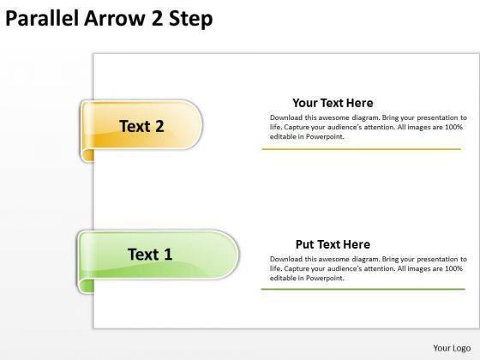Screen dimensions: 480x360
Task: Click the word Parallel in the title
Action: [x=42, y=18]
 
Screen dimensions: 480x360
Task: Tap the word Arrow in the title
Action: [x=114, y=18]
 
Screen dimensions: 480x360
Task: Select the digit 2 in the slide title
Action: [x=157, y=18]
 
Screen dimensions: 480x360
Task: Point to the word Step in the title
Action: [x=191, y=19]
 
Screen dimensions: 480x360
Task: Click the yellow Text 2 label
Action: [x=141, y=126]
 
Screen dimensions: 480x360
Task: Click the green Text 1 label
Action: [x=150, y=254]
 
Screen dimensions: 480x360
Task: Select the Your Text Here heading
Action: [x=333, y=103]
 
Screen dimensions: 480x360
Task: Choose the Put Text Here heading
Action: [x=333, y=244]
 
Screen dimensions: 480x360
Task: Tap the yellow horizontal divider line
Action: [x=361, y=149]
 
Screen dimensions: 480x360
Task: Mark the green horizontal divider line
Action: [x=363, y=289]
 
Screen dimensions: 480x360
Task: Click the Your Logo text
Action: [x=452, y=348]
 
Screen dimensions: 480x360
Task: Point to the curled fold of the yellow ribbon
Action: [x=87, y=155]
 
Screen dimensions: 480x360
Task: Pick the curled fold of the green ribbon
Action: [x=86, y=286]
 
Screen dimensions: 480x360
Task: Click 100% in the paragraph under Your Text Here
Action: [x=453, y=127]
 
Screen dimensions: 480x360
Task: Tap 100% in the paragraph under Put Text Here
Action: [x=453, y=268]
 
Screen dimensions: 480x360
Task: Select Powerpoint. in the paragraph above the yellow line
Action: [x=325, y=136]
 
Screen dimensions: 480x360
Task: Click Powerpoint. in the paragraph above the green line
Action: [x=325, y=278]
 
